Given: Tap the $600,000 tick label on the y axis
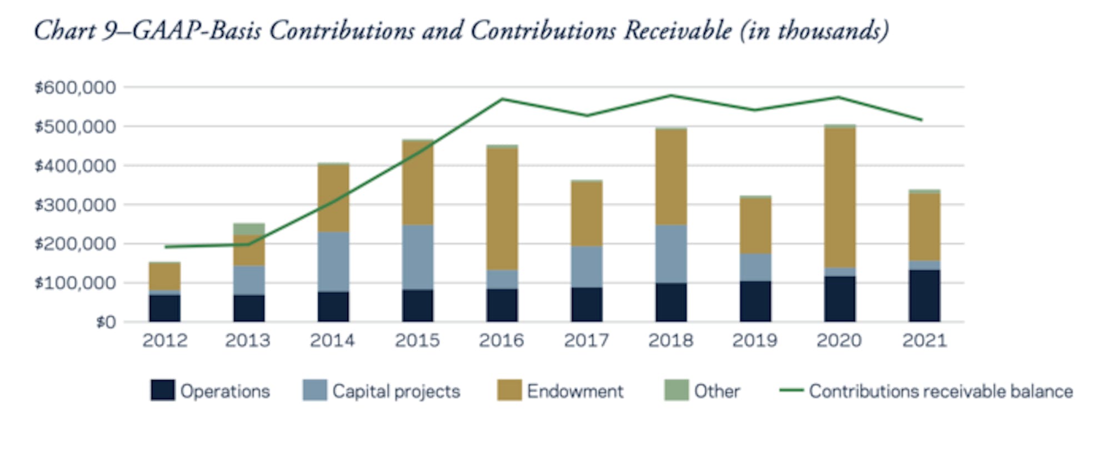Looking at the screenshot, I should click(x=76, y=88).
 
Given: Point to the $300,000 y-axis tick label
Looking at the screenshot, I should click(x=76, y=205).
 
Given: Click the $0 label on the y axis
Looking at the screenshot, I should click(x=106, y=322).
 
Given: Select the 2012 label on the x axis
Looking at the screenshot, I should click(x=165, y=340).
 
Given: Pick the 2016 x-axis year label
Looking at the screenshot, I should click(x=502, y=340).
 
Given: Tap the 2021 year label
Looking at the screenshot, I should click(x=924, y=340).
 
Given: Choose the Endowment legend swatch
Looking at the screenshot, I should click(x=509, y=390).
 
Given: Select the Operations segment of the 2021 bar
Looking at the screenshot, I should click(x=924, y=296).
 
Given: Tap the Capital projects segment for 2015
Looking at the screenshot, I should click(x=418, y=257).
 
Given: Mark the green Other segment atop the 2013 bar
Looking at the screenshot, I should click(x=249, y=229).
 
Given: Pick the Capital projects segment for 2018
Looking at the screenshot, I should click(x=671, y=254).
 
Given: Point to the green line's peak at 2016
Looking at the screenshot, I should click(x=502, y=99).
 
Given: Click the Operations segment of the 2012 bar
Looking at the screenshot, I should click(x=164, y=309).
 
